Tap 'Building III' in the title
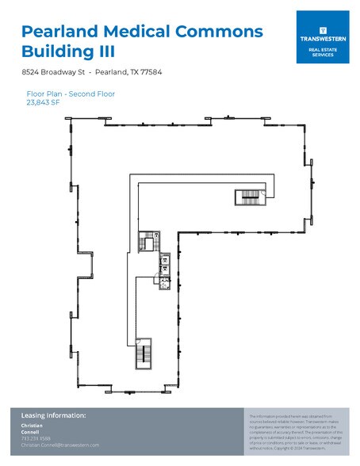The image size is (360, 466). click(x=69, y=53)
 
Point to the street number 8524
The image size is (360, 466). click(x=31, y=72)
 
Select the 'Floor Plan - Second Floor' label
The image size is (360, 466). click(x=71, y=94)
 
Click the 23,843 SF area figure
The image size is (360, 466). click(x=44, y=101)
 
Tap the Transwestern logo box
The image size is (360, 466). click(x=323, y=37)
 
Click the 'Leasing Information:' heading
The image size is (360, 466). click(x=53, y=415)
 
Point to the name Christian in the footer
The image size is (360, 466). click(x=32, y=426)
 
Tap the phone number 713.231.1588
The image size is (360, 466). click(x=36, y=438)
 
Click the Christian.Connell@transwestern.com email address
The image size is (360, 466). click(x=60, y=445)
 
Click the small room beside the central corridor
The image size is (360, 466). click(x=145, y=239)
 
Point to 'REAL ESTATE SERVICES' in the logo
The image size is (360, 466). click(x=323, y=52)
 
